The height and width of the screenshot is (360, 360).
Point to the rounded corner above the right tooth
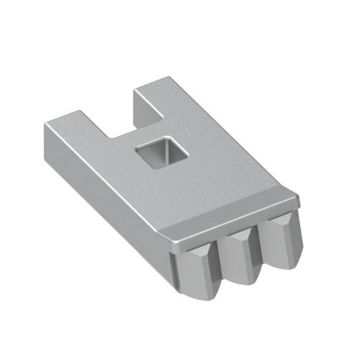[294, 196]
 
